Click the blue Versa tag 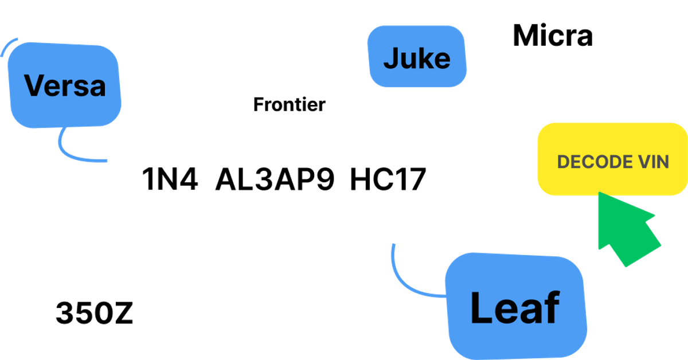pyautogui.click(x=64, y=86)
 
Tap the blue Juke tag pyautogui.click(x=416, y=58)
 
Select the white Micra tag pyautogui.click(x=552, y=36)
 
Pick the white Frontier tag pyautogui.click(x=290, y=104)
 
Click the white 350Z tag pyautogui.click(x=94, y=312)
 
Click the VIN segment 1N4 pyautogui.click(x=170, y=180)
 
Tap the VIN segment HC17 pyautogui.click(x=388, y=180)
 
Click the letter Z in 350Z pyautogui.click(x=123, y=312)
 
